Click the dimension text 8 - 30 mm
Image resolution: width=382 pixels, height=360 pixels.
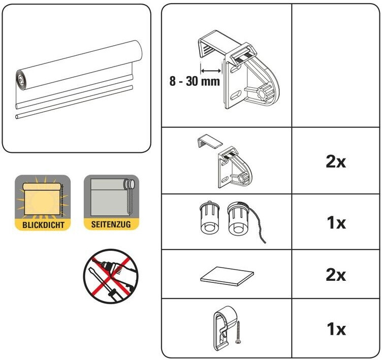195,81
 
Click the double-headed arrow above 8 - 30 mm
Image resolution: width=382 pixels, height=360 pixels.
211,71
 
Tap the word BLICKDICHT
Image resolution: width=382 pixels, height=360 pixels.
43,224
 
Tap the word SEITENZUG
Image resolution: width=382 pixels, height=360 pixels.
111,224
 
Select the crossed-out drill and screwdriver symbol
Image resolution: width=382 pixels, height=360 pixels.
111,276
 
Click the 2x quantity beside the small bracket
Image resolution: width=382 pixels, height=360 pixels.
336,161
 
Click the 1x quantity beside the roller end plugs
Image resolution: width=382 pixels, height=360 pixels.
336,222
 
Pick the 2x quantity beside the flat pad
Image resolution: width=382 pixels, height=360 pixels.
336,275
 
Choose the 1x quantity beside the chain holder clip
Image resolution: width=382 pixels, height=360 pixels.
336,329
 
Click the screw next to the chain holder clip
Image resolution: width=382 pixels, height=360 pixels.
238,333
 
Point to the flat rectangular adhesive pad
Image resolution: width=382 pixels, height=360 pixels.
227,277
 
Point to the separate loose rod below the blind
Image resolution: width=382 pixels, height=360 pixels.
74,102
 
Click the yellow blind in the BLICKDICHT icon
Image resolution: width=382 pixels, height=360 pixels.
42,199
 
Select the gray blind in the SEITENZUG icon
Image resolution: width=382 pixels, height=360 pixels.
108,198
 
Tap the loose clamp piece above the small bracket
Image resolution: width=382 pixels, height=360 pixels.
210,141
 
